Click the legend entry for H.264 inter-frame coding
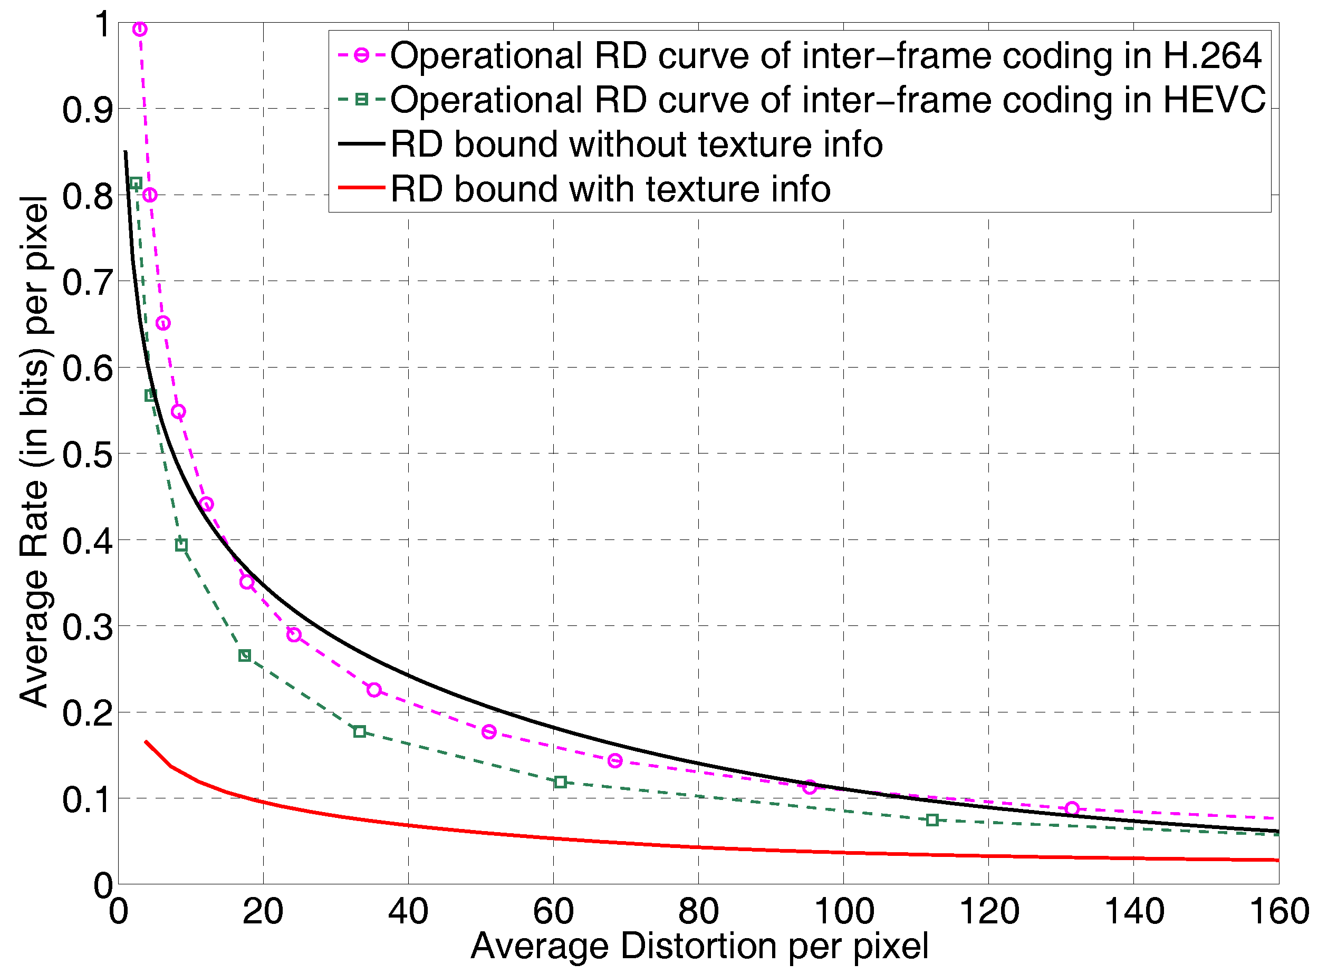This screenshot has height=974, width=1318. pyautogui.click(x=825, y=56)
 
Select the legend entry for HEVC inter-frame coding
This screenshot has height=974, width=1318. pyautogui.click(x=828, y=100)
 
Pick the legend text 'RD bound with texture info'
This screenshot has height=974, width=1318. pyautogui.click(x=610, y=189)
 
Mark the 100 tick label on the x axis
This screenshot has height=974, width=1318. pyautogui.click(x=844, y=912)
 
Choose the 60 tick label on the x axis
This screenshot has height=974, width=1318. pyautogui.click(x=553, y=912)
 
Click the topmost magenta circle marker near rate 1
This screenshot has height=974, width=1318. pyautogui.click(x=140, y=29)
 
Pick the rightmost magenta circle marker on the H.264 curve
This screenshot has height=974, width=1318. pyautogui.click(x=1072, y=809)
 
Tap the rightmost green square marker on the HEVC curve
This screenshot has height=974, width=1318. pyautogui.click(x=932, y=820)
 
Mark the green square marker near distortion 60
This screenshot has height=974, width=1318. pyautogui.click(x=560, y=783)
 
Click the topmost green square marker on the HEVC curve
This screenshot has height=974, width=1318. pyautogui.click(x=136, y=184)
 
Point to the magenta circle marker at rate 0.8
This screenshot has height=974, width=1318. pyautogui.click(x=150, y=195)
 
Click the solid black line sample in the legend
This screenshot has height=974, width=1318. pyautogui.click(x=361, y=144)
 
